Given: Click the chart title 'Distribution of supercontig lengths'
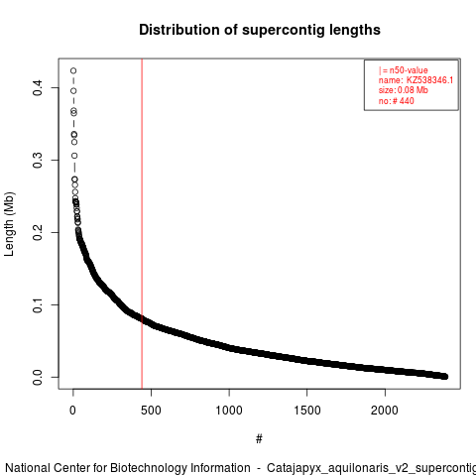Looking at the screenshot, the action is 260,30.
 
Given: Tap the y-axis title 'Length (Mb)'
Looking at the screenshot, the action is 9,224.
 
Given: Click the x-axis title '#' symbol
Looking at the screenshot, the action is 259,439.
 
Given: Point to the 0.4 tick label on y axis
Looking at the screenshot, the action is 38,87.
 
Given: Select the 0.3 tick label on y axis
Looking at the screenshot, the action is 38,160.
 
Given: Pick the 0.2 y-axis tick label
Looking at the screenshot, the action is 38,232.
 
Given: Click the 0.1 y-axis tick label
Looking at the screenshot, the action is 38,304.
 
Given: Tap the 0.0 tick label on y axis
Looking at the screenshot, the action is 38,377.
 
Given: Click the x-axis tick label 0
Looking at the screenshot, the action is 72,411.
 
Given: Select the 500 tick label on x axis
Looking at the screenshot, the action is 151,411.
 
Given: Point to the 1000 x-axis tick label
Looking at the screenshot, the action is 229,411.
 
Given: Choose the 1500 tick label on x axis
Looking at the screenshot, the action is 307,411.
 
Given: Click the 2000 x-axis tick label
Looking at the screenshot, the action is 385,411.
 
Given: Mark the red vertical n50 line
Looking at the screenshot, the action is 142,224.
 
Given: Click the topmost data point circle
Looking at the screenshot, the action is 73,70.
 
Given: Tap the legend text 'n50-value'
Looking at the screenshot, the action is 409,70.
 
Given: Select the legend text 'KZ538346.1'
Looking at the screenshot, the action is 429,80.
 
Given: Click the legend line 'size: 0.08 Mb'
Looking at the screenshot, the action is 404,90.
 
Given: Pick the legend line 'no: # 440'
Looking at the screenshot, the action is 397,101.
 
